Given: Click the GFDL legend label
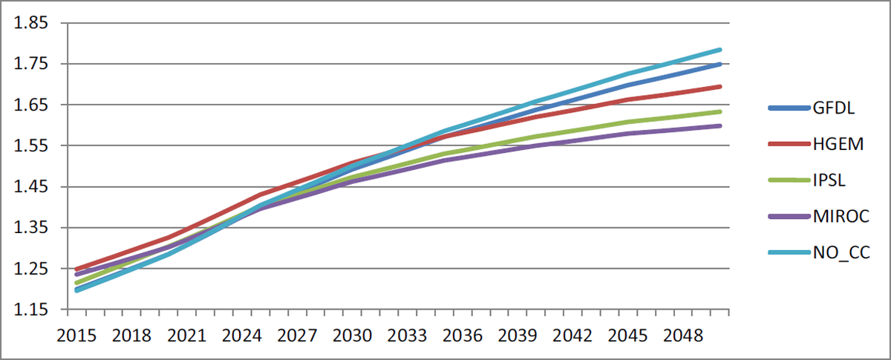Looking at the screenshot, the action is (x=833, y=108).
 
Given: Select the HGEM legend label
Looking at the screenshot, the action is (x=838, y=144).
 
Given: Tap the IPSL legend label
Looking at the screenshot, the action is (x=829, y=180).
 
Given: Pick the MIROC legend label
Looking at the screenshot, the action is (x=841, y=217).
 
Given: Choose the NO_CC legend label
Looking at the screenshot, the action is (x=841, y=252).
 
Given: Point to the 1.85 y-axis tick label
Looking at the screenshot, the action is (x=30, y=23).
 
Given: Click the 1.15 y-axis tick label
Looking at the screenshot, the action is (x=30, y=310).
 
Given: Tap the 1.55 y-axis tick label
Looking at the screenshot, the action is (x=30, y=145).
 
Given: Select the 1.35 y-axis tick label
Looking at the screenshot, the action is (x=30, y=228).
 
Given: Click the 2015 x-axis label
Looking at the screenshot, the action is (x=76, y=336).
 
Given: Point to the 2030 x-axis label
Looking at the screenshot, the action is (x=353, y=336).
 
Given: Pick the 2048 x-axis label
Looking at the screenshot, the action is (x=683, y=336).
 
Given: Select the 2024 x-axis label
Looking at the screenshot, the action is (x=242, y=336).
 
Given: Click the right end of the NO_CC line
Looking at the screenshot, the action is (x=720, y=50).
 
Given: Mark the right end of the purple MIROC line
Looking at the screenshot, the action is (x=720, y=126).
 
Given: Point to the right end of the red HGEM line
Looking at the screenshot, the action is (x=720, y=87).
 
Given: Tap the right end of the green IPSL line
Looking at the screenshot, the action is (x=720, y=112).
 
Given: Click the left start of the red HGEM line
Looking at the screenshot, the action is (x=76, y=269).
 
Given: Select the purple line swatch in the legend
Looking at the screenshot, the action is (x=789, y=217).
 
